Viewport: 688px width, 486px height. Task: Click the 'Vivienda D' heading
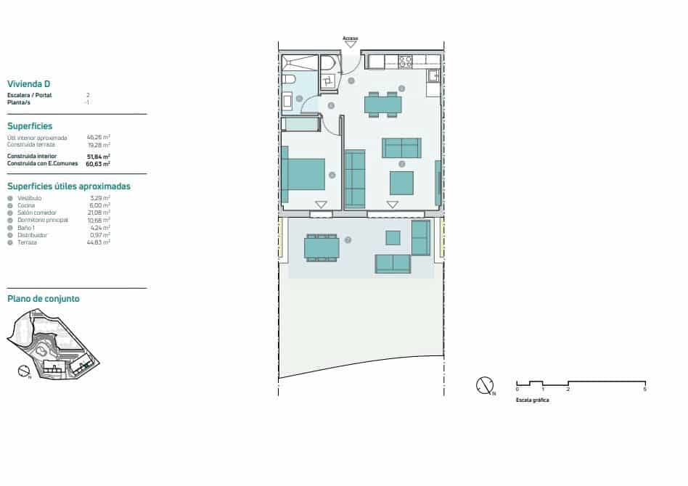click(x=28, y=83)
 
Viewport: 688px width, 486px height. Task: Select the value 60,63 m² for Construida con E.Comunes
click(x=98, y=164)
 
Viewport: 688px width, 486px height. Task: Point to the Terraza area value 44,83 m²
click(x=98, y=242)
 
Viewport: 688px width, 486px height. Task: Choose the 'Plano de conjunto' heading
click(x=43, y=298)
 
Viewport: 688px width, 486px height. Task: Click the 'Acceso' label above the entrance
click(x=351, y=38)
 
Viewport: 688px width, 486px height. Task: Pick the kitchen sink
click(x=433, y=75)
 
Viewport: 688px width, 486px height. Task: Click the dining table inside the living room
click(x=382, y=104)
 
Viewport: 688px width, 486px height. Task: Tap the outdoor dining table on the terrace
click(x=322, y=248)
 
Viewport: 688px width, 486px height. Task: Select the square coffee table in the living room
click(x=401, y=182)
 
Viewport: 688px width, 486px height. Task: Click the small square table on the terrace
click(x=393, y=237)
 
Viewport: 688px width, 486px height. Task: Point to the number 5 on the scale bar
click(x=644, y=390)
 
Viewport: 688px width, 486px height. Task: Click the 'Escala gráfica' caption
click(x=532, y=400)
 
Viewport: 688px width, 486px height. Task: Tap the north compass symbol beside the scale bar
click(x=486, y=385)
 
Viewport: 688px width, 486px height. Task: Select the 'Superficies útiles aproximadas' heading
click(x=68, y=186)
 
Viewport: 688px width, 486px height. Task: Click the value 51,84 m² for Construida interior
click(x=98, y=157)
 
